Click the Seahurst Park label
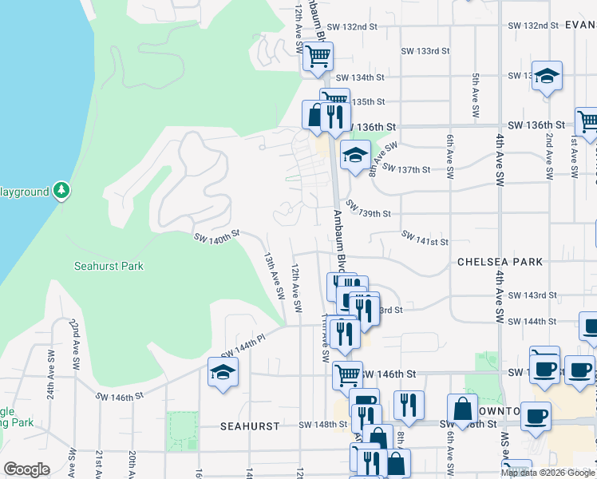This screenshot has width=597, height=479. pos(109,266)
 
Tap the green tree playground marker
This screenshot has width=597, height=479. pos(61,191)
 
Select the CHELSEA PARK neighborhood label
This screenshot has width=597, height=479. pos(500,262)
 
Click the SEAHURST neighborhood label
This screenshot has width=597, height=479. pos(250,426)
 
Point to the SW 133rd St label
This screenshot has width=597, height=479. pos(425,51)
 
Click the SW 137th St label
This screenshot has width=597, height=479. pos(406,169)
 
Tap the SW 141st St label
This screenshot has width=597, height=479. pos(425,239)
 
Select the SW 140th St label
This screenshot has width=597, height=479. pos(216,236)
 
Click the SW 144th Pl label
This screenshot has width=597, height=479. pos(243,346)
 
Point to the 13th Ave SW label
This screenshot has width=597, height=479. pos(275,276)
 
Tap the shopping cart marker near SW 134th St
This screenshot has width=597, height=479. pos(318,57)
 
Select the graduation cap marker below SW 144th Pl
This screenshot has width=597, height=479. pos(223,372)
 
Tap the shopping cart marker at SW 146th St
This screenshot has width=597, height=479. pos(347,374)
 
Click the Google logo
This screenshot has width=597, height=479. pos(26,469)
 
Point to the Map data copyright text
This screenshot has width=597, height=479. pos(548,473)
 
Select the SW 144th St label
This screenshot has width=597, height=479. pos(534,321)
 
